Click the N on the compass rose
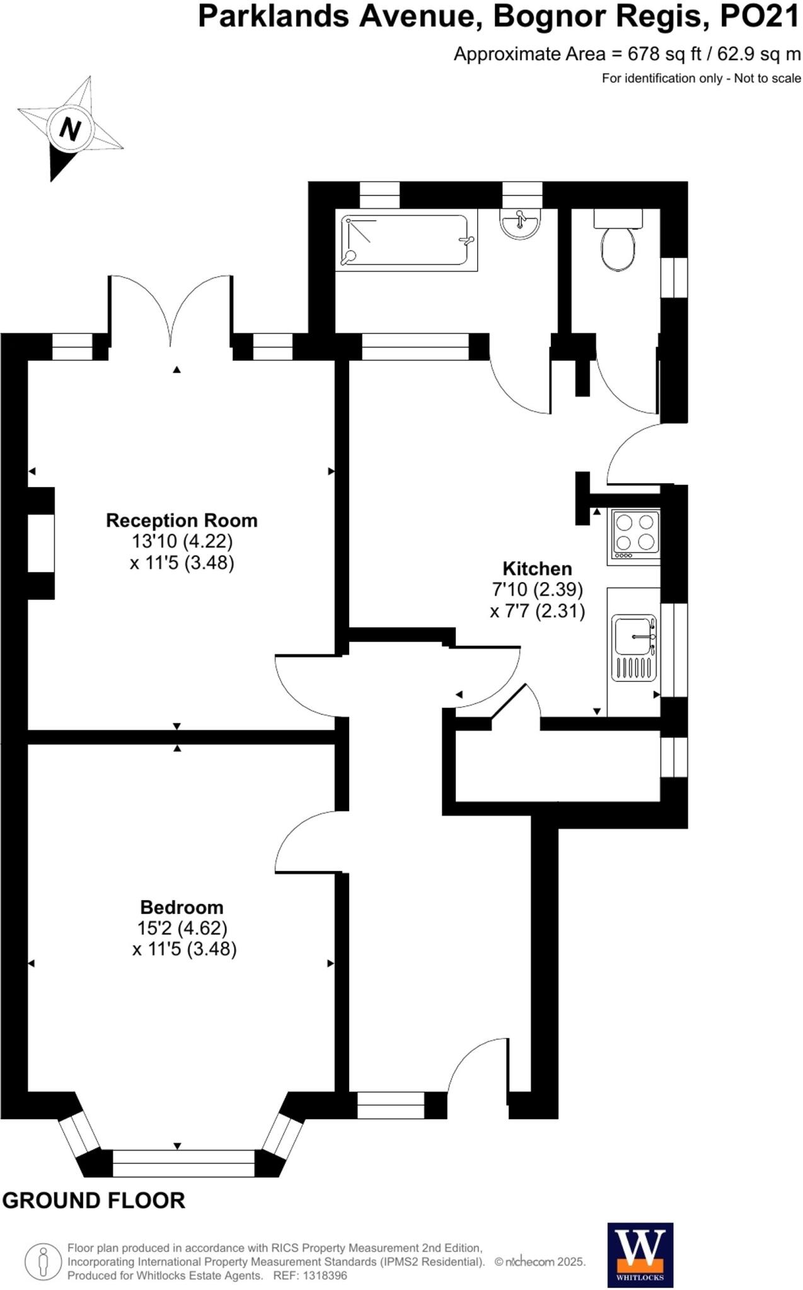click(70, 130)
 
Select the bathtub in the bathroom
click(406, 242)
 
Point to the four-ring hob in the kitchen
click(635, 533)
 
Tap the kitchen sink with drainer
click(634, 648)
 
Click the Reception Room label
click(182, 520)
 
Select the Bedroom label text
click(182, 907)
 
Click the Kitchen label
click(537, 568)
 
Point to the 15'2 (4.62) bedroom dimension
click(182, 928)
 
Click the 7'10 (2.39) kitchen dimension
click(537, 590)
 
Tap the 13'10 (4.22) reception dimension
click(182, 541)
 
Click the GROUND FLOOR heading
click(94, 1201)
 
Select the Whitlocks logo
click(640, 1255)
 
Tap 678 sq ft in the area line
click(664, 54)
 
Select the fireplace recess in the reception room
click(41, 543)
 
